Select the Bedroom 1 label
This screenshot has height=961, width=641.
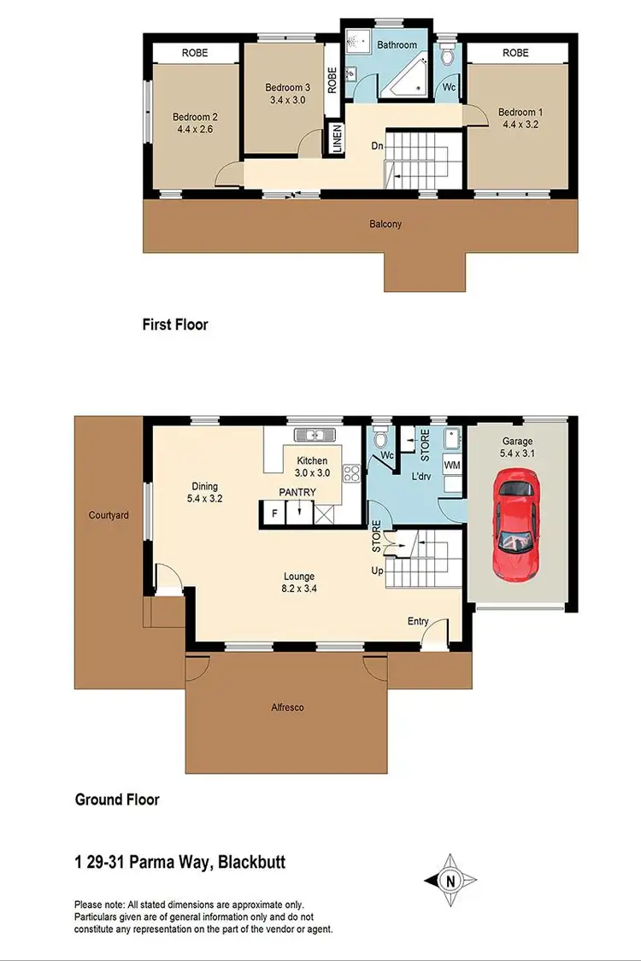click(520, 113)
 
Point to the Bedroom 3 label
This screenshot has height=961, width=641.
click(286, 87)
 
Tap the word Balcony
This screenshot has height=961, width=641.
click(385, 225)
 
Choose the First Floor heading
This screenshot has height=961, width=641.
click(175, 325)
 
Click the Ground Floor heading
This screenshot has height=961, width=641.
click(117, 800)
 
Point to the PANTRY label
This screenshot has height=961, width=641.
click(297, 493)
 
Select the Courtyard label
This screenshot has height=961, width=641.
click(109, 516)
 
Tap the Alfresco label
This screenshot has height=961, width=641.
click(287, 707)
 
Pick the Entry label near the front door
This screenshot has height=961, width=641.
click(418, 621)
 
